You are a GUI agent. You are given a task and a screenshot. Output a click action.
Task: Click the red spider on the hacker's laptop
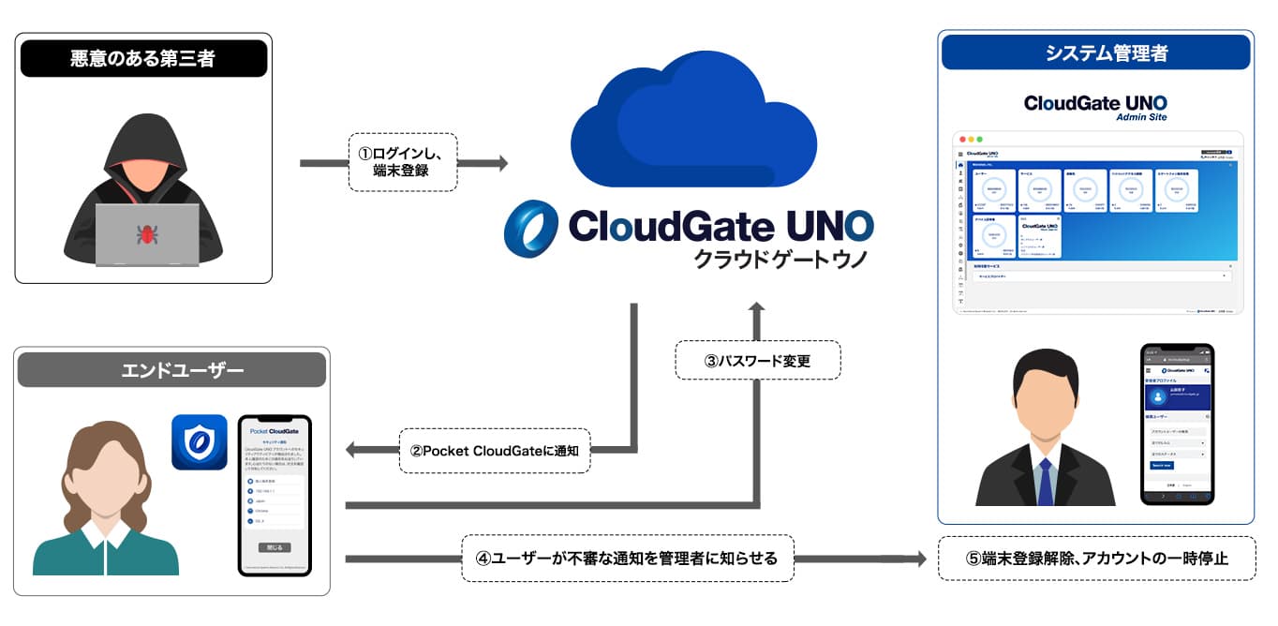pos(146,233)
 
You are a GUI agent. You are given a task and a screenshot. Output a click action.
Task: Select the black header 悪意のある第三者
pos(143,58)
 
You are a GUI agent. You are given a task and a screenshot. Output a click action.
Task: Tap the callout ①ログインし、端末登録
pos(403,162)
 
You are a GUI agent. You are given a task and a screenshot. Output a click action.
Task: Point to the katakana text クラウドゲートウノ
pos(780,260)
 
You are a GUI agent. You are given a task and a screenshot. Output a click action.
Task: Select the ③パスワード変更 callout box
pos(757,360)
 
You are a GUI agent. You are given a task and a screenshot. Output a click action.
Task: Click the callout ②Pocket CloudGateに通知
pos(495,450)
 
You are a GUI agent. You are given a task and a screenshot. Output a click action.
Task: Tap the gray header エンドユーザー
pos(171,370)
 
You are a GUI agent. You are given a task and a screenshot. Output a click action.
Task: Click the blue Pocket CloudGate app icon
pos(199,441)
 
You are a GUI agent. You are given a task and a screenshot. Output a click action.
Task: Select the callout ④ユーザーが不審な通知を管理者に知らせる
pos(628,559)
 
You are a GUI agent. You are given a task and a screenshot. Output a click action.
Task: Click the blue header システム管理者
pos(1095,52)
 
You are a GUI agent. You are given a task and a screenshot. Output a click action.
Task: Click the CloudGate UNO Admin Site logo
pos(1095,106)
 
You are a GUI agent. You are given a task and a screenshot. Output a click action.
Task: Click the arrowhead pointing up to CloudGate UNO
pos(757,308)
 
